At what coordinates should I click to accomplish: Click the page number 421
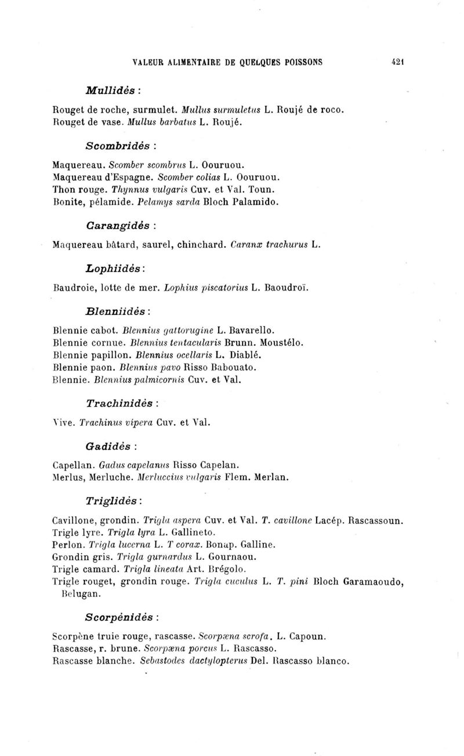397,62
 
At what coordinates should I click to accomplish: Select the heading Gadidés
111,447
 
